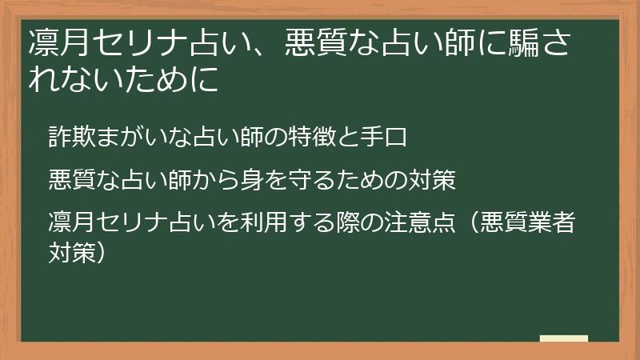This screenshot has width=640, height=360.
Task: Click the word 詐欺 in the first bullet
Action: (70, 137)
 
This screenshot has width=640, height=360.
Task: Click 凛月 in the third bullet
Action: (70, 223)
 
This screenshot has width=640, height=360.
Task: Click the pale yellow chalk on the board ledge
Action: (563, 338)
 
